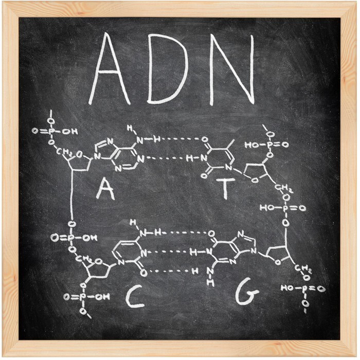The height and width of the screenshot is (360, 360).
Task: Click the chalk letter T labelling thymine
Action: tap(225, 188)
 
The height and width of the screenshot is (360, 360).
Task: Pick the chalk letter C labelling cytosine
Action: tap(135, 297)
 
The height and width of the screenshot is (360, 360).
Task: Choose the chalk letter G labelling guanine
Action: tap(248, 295)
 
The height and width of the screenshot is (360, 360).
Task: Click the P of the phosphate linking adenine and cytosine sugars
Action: tap(71, 238)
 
